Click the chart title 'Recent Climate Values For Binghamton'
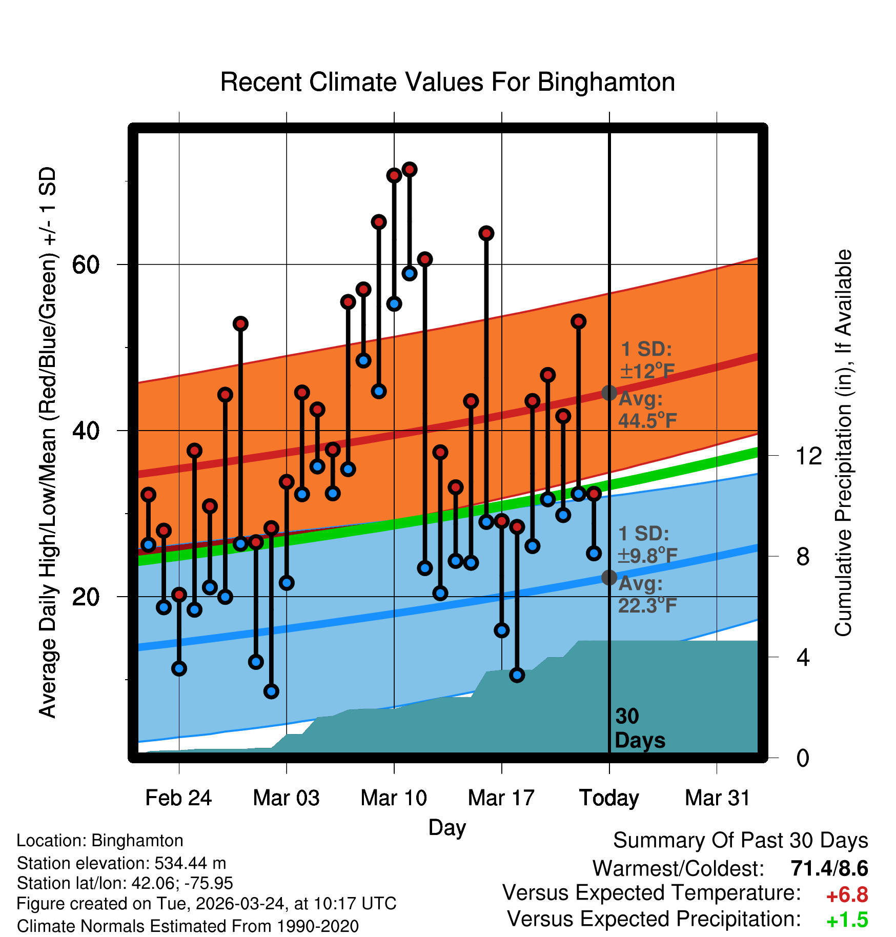447,82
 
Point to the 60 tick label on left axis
86,265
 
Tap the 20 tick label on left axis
86,597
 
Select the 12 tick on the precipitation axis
809,456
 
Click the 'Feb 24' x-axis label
178,798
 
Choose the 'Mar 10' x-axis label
394,798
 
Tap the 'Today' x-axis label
609,798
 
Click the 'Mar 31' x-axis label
717,798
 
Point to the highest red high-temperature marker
410,169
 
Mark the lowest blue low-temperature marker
271,691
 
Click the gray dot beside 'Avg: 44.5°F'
609,393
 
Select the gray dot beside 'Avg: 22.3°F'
609,577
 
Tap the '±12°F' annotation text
647,371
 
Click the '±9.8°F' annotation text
647,555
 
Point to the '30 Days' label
639,728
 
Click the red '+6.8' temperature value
847,895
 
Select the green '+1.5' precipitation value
847,920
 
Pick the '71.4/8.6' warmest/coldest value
829,868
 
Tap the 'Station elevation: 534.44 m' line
121,863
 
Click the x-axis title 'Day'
447,827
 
